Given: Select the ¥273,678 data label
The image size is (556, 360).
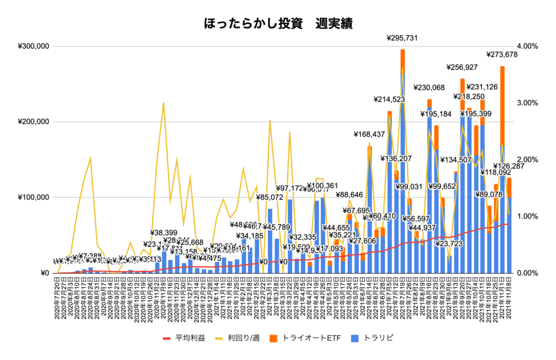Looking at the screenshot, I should (501, 54).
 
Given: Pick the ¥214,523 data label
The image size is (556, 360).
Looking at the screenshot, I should (390, 99).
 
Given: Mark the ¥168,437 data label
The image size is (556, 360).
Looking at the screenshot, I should (370, 134).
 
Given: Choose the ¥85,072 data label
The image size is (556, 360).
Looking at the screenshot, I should (270, 197).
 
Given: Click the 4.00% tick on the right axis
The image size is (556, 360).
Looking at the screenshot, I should (526, 46).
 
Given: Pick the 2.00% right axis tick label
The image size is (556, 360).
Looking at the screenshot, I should (526, 160).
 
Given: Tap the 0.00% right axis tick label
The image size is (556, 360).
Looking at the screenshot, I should (526, 273).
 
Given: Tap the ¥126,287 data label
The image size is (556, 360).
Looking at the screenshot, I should (509, 166).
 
